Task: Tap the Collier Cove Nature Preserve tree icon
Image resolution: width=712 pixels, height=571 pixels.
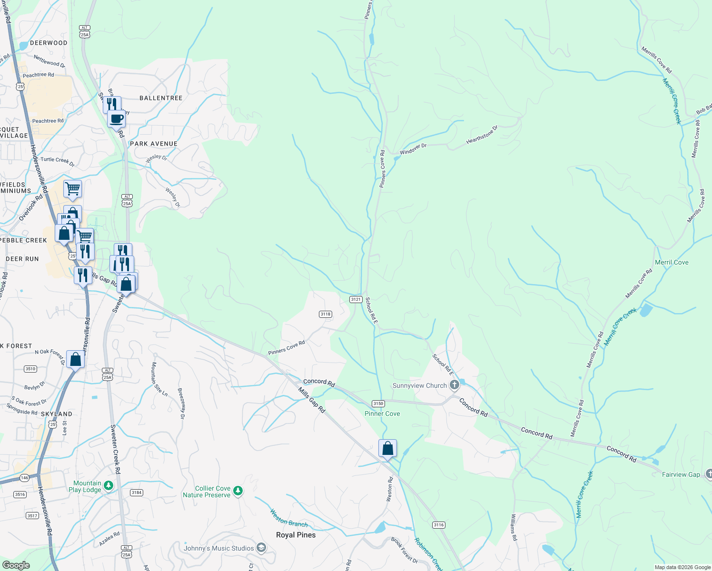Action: (x=238, y=491)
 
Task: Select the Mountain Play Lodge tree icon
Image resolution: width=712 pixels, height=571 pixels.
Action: (x=109, y=485)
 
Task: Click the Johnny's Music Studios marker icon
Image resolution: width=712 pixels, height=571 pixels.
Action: (x=261, y=548)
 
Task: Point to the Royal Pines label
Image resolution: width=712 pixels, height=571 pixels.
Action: (x=296, y=535)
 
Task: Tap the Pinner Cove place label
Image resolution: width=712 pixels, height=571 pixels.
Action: (x=382, y=413)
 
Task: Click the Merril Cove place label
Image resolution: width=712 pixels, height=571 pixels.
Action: (x=672, y=262)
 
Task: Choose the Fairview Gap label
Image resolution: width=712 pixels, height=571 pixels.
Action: (x=681, y=474)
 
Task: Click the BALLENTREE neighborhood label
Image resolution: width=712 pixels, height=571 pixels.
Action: (x=161, y=98)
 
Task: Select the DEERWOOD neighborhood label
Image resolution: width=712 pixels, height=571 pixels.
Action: (x=49, y=43)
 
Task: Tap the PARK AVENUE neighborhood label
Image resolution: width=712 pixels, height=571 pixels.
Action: (x=153, y=144)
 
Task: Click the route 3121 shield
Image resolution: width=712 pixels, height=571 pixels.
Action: (x=356, y=299)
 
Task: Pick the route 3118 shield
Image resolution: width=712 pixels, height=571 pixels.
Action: (x=326, y=314)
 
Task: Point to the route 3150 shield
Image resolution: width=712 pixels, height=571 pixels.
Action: (x=378, y=404)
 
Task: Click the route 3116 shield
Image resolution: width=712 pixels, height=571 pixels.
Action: (x=438, y=525)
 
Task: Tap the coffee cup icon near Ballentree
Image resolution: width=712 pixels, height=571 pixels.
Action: (x=116, y=118)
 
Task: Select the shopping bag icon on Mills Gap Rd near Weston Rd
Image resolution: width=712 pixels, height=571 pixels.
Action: (x=387, y=448)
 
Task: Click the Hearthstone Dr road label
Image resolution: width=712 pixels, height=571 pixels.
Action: (x=482, y=135)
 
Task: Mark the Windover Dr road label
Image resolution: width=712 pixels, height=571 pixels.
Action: (x=413, y=149)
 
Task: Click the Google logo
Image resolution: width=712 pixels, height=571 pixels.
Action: (x=16, y=565)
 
